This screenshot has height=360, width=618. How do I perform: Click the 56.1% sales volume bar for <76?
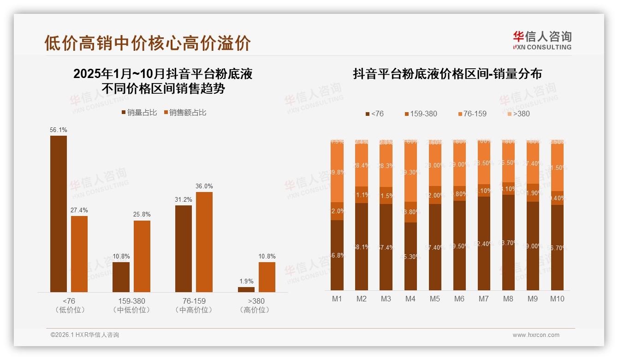[59, 214]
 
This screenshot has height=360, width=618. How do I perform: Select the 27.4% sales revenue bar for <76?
[79, 254]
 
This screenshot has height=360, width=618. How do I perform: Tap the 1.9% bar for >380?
[246, 289]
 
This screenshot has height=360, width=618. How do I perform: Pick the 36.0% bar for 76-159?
[204, 242]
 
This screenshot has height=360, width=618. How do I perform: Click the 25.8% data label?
[142, 215]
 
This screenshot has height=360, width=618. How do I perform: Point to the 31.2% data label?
[184, 199]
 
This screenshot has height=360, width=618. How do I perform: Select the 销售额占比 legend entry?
[185, 113]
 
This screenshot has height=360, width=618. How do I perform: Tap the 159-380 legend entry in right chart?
[421, 114]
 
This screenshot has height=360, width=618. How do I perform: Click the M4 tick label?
[410, 299]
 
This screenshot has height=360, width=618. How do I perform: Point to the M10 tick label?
[557, 299]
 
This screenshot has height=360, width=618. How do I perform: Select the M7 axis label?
[483, 299]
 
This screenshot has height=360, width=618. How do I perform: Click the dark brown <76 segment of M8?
[508, 242]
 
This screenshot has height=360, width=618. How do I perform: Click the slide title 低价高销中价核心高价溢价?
[148, 43]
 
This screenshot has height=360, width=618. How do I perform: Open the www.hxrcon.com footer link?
[536, 335]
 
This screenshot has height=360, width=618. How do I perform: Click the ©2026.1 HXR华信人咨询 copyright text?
[85, 335]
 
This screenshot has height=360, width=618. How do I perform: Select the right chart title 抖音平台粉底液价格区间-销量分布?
[447, 74]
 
